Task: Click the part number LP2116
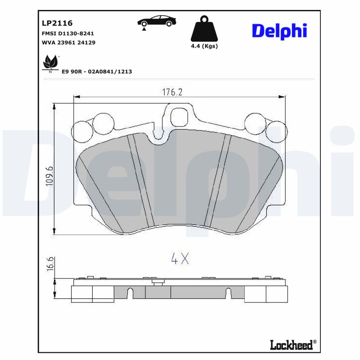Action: [x=57, y=23]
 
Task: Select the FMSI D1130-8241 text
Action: [x=67, y=33]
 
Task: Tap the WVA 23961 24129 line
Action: [x=68, y=42]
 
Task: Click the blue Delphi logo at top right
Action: [x=279, y=31]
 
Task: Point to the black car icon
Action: [x=157, y=22]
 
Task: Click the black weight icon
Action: [x=204, y=29]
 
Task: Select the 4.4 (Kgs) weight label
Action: [x=204, y=46]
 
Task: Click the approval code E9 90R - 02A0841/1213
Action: [x=97, y=72]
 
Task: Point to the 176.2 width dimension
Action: [x=172, y=92]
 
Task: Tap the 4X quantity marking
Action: [x=180, y=258]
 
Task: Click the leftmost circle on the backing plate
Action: [x=82, y=131]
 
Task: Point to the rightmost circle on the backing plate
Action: [x=276, y=131]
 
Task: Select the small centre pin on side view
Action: [x=157, y=282]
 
